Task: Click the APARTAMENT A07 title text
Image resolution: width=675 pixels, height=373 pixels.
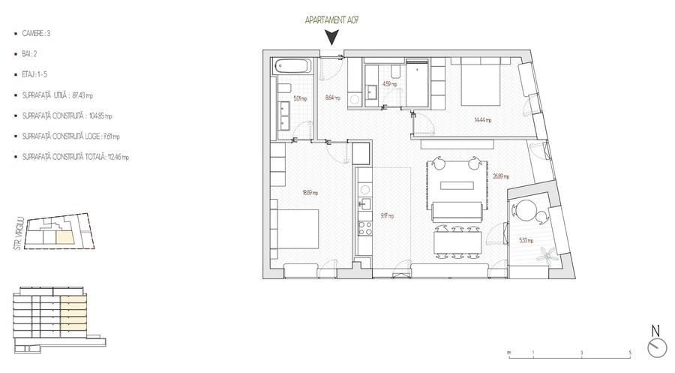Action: pyautogui.click(x=329, y=20)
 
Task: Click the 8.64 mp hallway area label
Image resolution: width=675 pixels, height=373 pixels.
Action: pyautogui.click(x=332, y=98)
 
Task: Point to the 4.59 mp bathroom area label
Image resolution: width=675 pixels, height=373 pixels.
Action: pyautogui.click(x=389, y=85)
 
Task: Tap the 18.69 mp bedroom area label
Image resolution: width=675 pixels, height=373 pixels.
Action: pyautogui.click(x=310, y=192)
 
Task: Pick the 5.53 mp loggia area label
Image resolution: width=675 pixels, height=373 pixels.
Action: pyautogui.click(x=526, y=240)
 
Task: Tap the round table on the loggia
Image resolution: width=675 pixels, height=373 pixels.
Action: pyautogui.click(x=528, y=210)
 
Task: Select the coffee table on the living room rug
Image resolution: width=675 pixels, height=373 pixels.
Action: pyautogui.click(x=456, y=185)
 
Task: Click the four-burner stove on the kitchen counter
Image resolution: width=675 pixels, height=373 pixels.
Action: pyautogui.click(x=364, y=223)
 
